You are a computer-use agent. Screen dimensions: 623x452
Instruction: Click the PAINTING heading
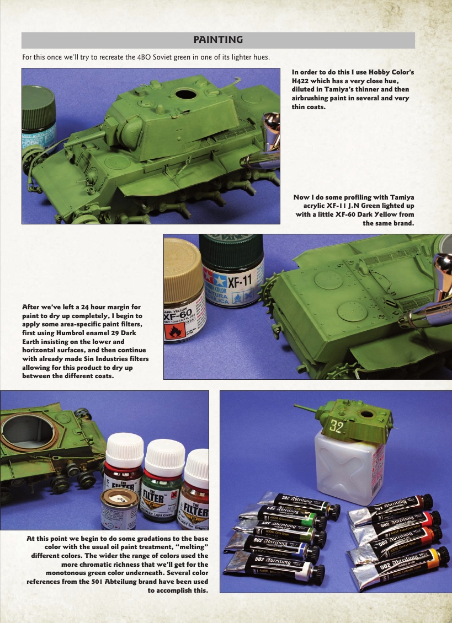(218, 40)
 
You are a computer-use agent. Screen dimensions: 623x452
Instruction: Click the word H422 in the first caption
(303, 80)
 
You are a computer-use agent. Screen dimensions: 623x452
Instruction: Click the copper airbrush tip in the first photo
(271, 126)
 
